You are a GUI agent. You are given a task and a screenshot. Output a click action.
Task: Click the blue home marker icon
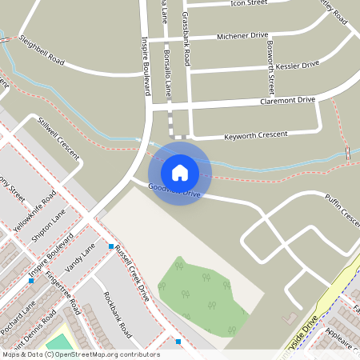click(x=180, y=172)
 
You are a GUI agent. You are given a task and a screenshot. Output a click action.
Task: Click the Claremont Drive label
click(x=288, y=102)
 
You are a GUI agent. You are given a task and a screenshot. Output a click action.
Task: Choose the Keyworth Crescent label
click(x=256, y=135)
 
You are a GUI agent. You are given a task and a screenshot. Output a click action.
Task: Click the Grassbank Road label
click(x=186, y=38)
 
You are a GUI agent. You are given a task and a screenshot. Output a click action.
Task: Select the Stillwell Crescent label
click(x=58, y=138)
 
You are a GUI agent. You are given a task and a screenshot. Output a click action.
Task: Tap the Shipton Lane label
click(x=49, y=230)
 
